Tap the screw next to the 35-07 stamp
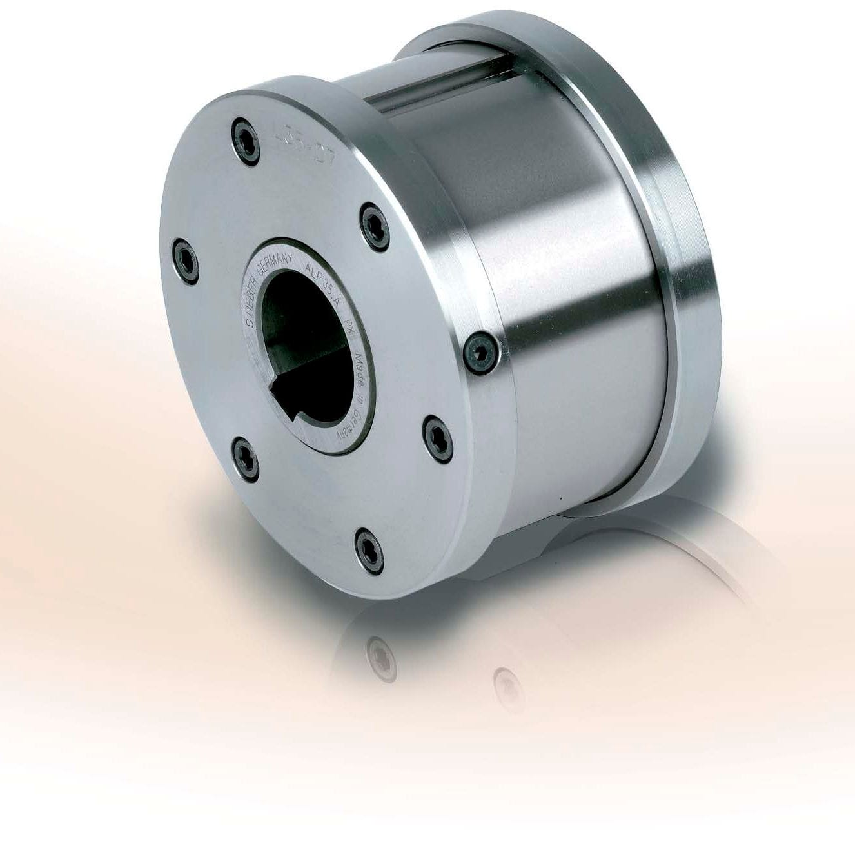click(248, 139)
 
